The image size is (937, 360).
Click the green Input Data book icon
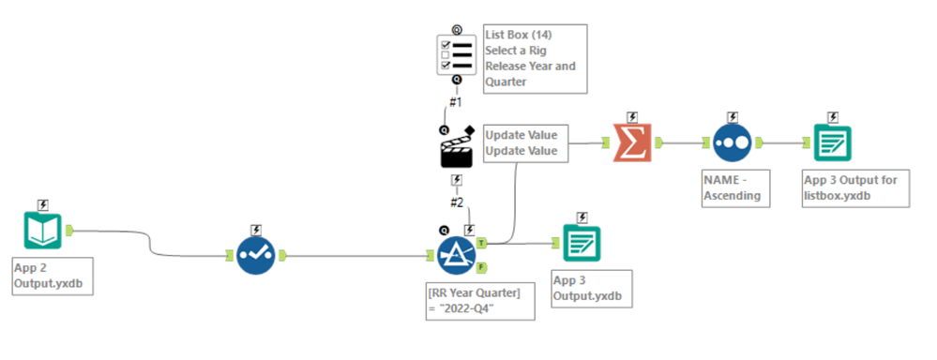(x=43, y=230)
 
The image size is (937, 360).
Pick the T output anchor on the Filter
(x=481, y=243)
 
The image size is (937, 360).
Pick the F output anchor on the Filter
(x=481, y=266)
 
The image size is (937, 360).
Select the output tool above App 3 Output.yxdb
(x=582, y=243)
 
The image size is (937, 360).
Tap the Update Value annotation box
(x=525, y=143)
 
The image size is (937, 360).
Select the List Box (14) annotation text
(x=534, y=58)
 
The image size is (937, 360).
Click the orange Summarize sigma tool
(x=632, y=142)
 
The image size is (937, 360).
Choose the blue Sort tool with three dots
(x=733, y=142)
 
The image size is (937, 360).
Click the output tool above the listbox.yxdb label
(x=832, y=142)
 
